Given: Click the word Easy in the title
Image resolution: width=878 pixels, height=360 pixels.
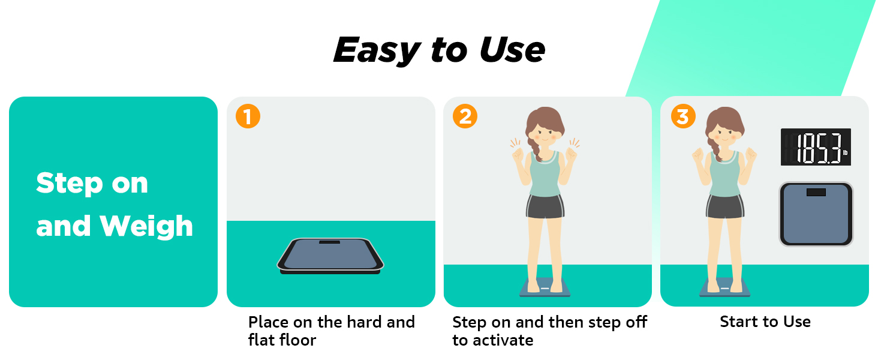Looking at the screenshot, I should click(x=375, y=50).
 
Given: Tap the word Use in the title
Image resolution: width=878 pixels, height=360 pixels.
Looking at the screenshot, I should click(x=512, y=50).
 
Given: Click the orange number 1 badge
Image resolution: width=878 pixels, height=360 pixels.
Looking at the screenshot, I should click(x=248, y=116).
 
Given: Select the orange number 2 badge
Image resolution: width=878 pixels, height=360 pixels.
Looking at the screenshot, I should click(x=465, y=116).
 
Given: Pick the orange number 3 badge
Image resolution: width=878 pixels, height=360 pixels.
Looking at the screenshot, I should click(x=682, y=116).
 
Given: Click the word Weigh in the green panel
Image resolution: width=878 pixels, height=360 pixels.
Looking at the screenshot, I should click(x=146, y=226).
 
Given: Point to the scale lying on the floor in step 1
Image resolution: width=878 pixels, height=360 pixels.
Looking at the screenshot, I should click(x=330, y=256).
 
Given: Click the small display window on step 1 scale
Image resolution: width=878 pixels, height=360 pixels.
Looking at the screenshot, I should click(x=329, y=242).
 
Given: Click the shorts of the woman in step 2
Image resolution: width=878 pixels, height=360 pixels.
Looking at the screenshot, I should click(x=545, y=207).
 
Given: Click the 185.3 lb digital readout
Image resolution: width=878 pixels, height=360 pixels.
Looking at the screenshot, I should click(x=816, y=148).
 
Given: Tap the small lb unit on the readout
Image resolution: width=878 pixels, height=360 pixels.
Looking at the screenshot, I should click(x=844, y=154).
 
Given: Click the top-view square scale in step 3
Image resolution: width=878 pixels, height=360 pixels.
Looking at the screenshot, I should click(x=816, y=214).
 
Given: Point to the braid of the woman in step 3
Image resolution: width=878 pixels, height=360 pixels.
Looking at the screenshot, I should click(x=713, y=147).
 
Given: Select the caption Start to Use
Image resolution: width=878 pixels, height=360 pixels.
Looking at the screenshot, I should click(x=765, y=322).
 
